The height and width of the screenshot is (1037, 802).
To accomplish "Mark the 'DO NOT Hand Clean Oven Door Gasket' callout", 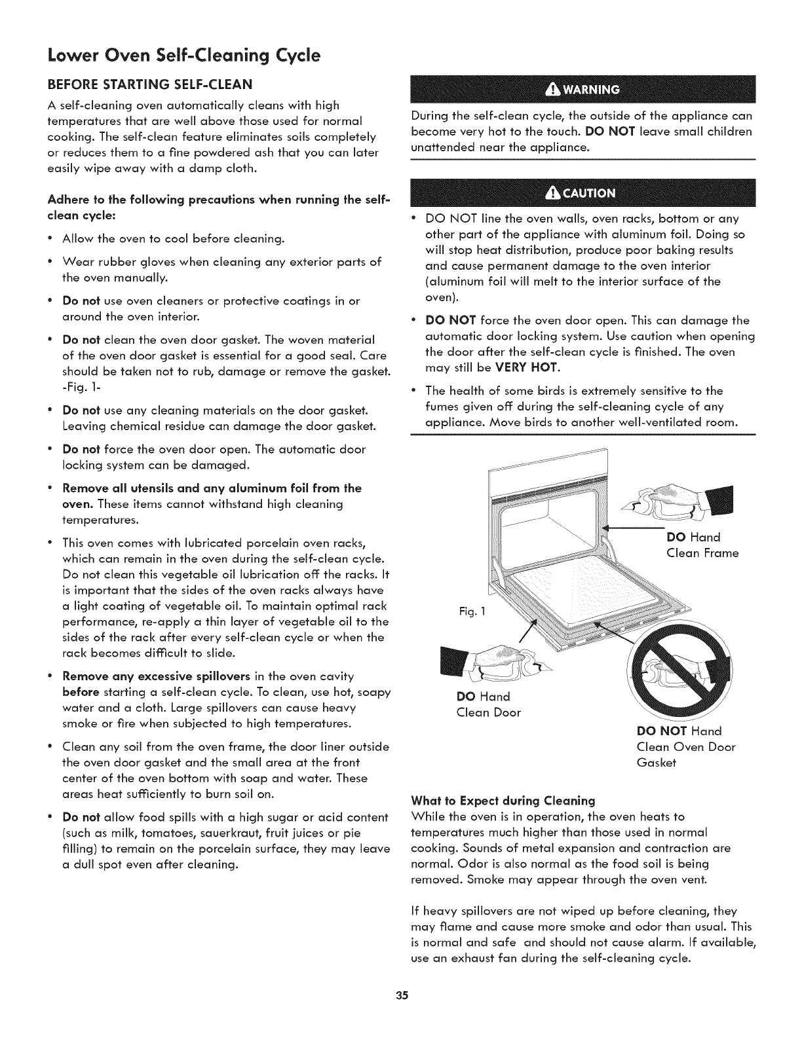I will click(685, 747).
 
